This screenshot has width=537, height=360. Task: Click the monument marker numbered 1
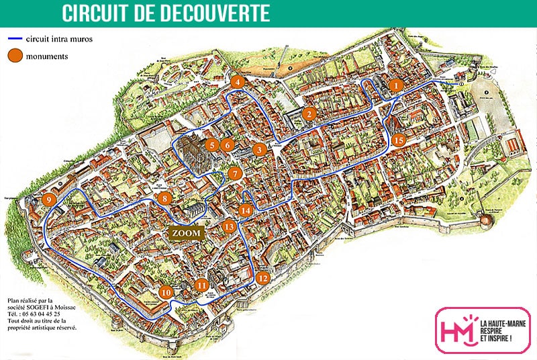click(x=396, y=85)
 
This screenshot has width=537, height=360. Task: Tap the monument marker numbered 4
click(x=237, y=82)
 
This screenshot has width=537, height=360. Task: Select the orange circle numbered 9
click(x=48, y=199)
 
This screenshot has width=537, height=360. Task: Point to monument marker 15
click(x=399, y=140)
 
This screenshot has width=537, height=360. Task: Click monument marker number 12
click(x=262, y=277)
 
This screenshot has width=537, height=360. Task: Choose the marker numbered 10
click(x=166, y=292)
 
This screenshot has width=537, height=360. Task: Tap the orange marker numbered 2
click(x=309, y=114)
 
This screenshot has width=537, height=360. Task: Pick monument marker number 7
click(x=234, y=173)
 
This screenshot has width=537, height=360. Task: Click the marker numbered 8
click(x=164, y=198)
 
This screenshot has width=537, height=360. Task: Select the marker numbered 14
click(x=246, y=210)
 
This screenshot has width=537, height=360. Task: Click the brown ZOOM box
click(x=186, y=232)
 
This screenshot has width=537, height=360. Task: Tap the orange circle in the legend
click(x=15, y=56)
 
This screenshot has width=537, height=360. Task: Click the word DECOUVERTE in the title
click(x=205, y=13)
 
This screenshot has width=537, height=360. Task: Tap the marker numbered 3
click(x=258, y=150)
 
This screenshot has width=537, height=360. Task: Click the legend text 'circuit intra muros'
click(x=59, y=39)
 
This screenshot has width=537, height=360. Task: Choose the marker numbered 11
click(x=202, y=285)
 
